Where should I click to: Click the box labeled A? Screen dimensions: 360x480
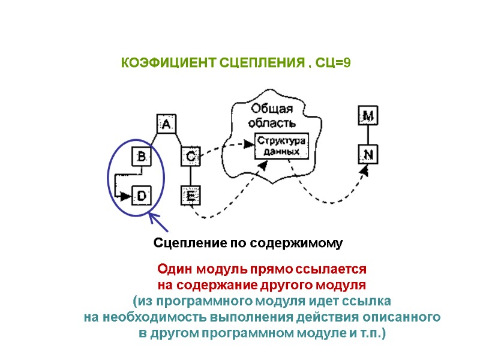[166, 124]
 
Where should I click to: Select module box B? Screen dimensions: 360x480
[142, 158]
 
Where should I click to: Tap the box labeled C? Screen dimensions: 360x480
[190, 157]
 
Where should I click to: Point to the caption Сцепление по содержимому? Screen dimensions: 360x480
[248, 243]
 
